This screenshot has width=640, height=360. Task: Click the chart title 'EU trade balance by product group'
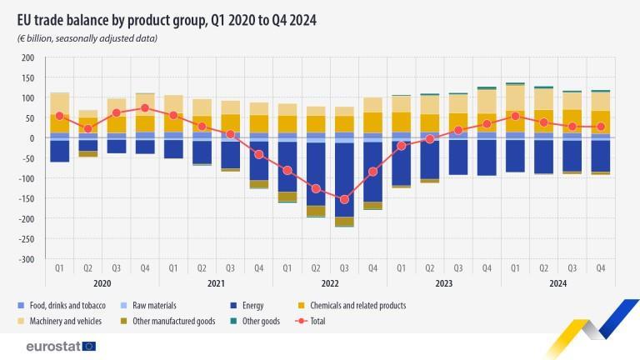pos(167,18)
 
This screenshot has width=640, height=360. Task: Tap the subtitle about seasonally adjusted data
pos(87,38)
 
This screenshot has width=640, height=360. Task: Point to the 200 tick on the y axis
pos(27,57)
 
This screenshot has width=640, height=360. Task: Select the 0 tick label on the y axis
pos(31,138)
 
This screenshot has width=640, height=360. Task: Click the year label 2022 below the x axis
pos(329,283)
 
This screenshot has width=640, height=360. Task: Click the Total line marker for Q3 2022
pos(344,200)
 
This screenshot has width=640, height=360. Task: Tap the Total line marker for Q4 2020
pos(145,107)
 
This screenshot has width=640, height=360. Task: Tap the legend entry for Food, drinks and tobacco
pos(59,306)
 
